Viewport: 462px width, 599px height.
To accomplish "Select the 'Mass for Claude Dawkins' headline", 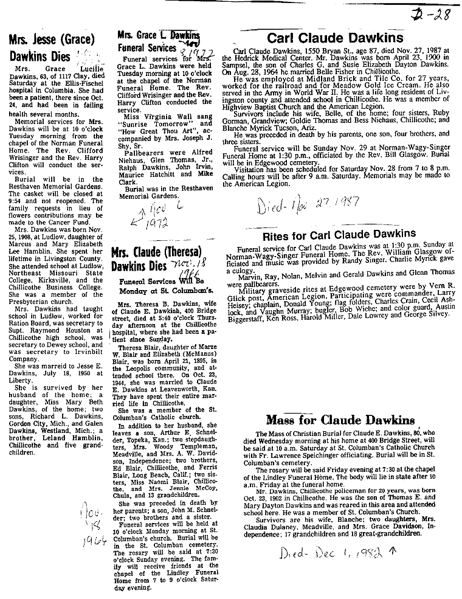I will (340, 420).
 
